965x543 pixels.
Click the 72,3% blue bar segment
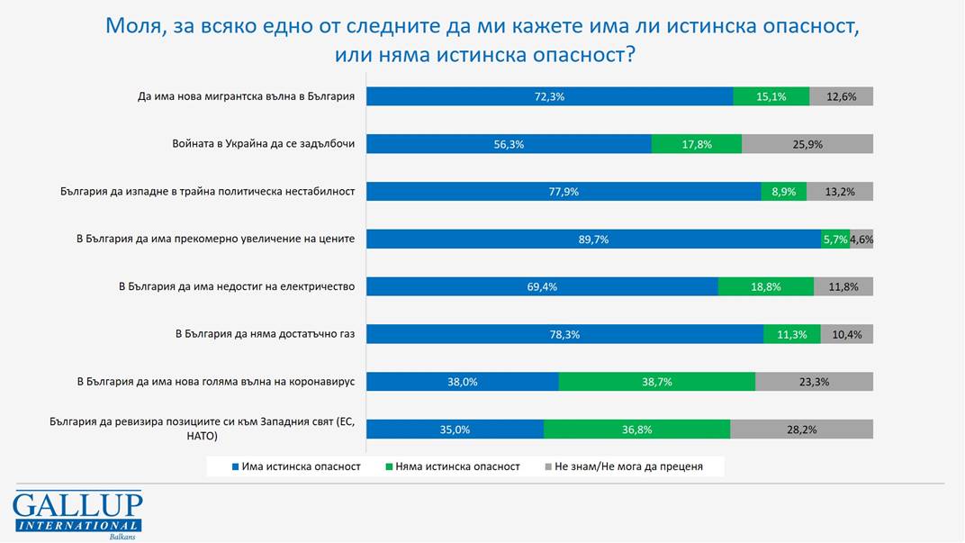[549, 96]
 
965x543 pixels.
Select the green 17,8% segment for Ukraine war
[697, 144]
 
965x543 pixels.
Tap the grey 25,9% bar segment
[807, 144]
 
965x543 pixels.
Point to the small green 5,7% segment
[834, 240]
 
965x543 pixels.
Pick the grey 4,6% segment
[861, 240]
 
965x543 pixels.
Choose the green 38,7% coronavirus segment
[656, 382]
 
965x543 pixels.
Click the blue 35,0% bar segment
[455, 430]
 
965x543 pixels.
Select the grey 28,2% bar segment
[801, 430]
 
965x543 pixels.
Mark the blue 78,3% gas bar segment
[564, 334]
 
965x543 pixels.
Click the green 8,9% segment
[783, 192]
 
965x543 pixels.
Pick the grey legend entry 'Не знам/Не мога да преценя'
[622, 466]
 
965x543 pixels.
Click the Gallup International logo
[77, 514]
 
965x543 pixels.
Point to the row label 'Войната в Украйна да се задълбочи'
[263, 144]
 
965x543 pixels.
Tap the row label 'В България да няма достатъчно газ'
[265, 334]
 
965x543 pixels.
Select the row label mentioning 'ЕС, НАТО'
[203, 429]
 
